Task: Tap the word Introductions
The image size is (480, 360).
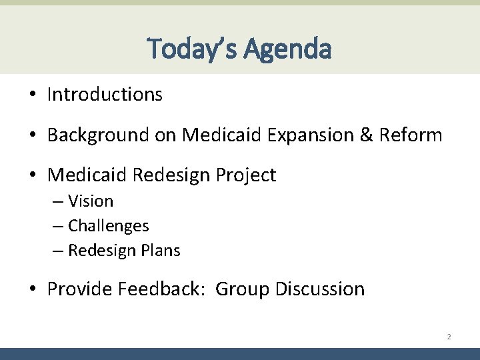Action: [105, 95]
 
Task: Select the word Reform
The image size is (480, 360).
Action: [410, 135]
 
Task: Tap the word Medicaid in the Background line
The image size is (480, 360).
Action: [223, 135]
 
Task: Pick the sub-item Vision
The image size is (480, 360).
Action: [91, 201]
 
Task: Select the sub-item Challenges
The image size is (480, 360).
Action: [109, 226]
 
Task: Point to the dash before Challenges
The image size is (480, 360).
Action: [59, 227]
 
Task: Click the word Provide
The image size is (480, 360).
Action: [80, 289]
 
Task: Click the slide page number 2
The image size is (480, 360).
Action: [449, 337]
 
